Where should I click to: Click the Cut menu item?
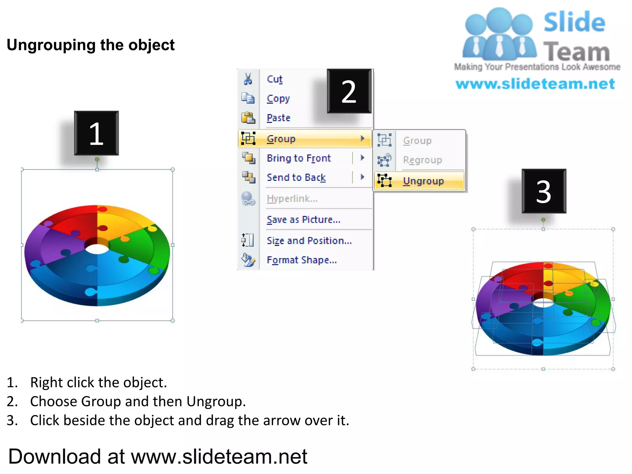(275, 79)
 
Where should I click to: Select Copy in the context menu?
(278, 99)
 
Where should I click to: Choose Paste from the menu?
(278, 118)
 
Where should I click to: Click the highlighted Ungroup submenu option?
(423, 181)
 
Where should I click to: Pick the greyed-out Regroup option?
(422, 160)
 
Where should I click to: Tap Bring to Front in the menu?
(299, 158)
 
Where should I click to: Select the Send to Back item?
(296, 177)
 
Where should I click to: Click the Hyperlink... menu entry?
(292, 199)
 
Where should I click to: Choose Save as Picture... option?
(303, 220)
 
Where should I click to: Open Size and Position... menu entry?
(309, 241)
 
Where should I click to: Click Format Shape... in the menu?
(301, 260)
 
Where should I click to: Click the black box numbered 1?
(96, 133)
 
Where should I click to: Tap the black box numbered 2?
(349, 91)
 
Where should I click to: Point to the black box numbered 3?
(544, 191)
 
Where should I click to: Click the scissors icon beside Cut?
(248, 79)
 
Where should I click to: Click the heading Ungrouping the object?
(91, 45)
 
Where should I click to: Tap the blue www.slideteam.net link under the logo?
(535, 84)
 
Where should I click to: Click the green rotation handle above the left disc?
(97, 159)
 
